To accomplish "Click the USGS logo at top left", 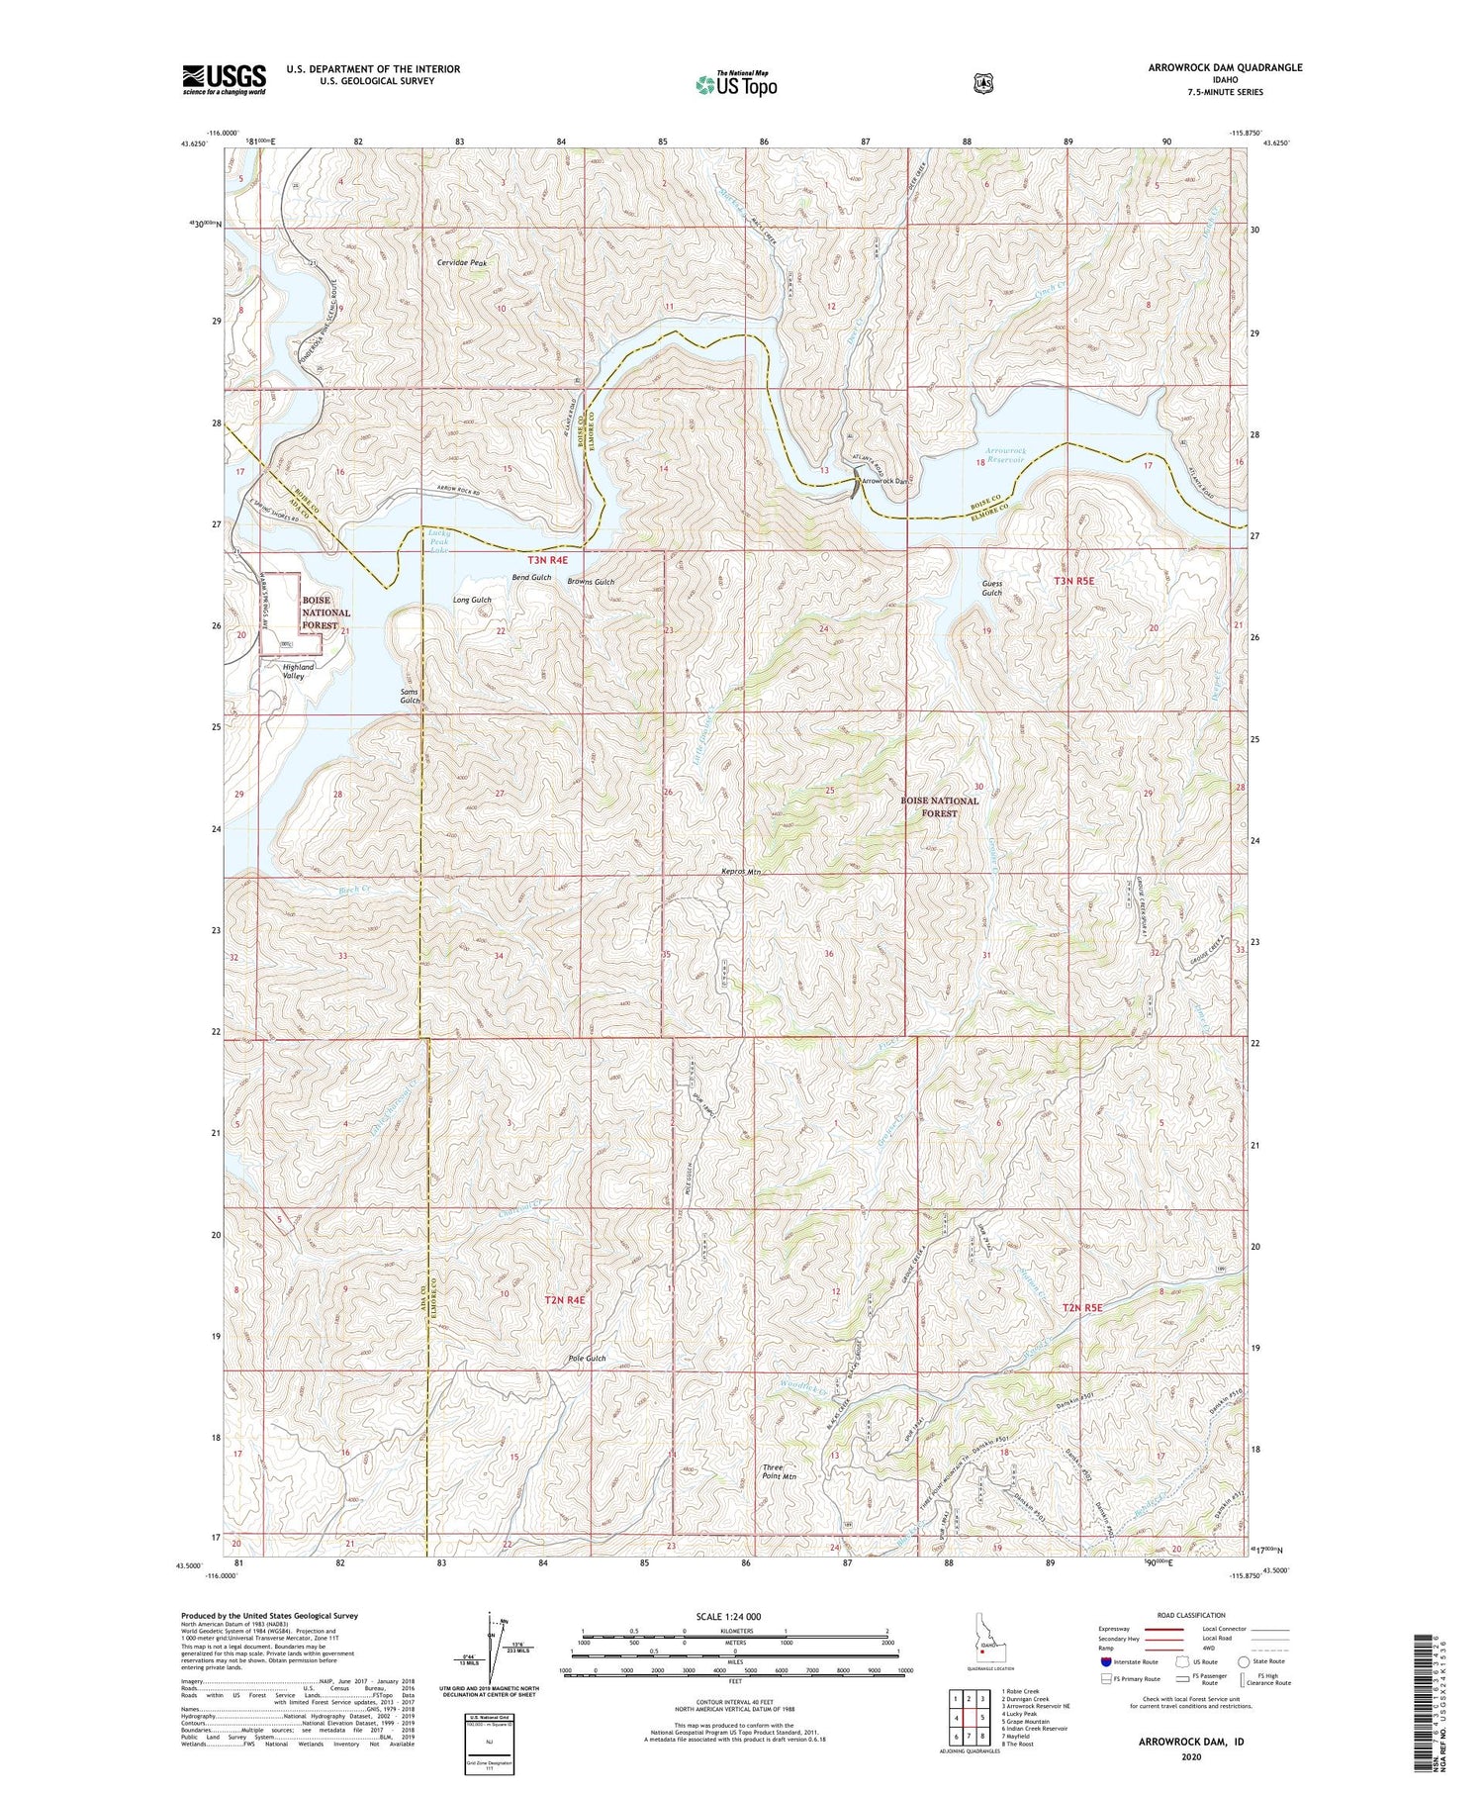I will (x=224, y=79).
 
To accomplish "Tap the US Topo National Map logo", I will (x=736, y=84).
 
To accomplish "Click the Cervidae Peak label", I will (x=462, y=263).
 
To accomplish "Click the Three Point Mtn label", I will (x=780, y=1471).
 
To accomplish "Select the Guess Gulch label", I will (x=991, y=588).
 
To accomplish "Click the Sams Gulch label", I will (x=410, y=696).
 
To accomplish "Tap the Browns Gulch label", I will (x=591, y=582).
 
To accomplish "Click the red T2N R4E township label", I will (x=565, y=1299).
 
